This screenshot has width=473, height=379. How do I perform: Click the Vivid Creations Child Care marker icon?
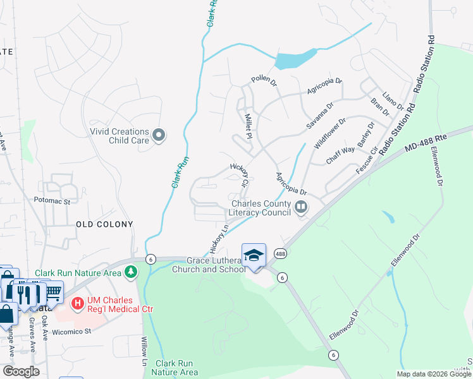pos(159,135)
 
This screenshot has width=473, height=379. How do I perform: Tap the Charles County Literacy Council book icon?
pos(301,207)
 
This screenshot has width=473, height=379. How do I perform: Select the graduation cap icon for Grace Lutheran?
pos(254,255)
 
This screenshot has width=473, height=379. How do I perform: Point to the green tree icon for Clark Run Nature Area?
pos(131,272)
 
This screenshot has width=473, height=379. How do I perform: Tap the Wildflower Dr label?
pos(330,132)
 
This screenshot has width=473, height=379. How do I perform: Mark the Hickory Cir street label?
pos(239,174)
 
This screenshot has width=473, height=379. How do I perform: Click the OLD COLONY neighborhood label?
pos(104,224)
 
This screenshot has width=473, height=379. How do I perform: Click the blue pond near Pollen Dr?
pos(293,59)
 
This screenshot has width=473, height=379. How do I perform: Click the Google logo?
pos(21,371)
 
